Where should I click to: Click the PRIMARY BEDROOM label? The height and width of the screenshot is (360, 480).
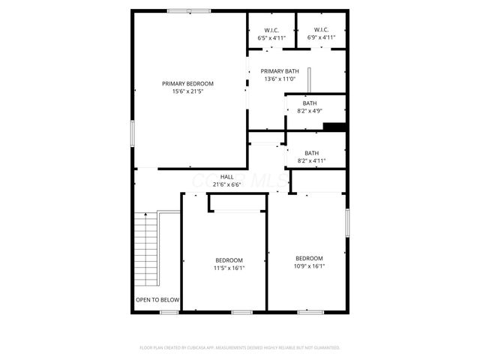tap(188, 83)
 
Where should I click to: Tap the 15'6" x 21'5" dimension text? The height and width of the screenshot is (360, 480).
tap(188, 91)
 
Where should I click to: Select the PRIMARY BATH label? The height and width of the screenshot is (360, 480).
tap(280, 71)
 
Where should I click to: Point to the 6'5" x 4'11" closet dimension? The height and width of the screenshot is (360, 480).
tap(272, 37)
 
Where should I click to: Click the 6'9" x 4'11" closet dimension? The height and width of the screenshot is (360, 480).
tap(321, 37)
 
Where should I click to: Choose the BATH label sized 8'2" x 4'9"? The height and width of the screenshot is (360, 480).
tap(310, 103)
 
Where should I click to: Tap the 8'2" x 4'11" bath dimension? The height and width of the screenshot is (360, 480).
tap(311, 160)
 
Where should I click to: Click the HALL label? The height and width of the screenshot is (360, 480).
tap(226, 177)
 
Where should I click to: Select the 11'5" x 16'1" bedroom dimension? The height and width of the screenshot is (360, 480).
tap(229, 268)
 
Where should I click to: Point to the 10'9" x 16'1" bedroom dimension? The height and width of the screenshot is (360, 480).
tap(309, 265)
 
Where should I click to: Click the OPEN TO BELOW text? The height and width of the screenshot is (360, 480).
tap(157, 300)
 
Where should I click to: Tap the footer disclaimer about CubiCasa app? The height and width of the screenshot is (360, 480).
tap(240, 348)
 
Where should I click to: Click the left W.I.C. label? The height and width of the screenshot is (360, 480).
tap(272, 30)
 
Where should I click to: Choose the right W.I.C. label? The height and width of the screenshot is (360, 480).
tap(321, 30)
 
